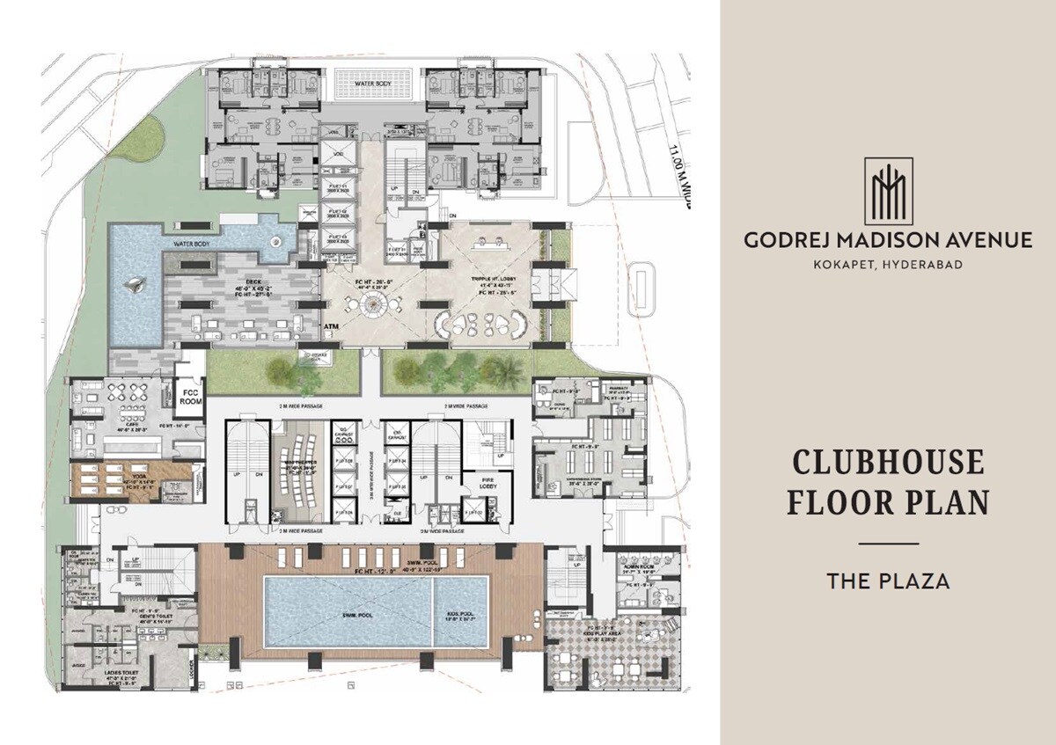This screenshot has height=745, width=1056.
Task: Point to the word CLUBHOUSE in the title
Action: coord(887,463)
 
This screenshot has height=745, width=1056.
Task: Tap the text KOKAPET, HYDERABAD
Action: coord(888,265)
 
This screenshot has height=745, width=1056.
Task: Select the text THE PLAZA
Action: coord(887,581)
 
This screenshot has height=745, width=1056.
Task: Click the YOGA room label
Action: coord(131,480)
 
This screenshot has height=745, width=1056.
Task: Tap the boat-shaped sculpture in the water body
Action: coord(136,283)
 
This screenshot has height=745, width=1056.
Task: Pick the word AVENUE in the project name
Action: coord(985,239)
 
